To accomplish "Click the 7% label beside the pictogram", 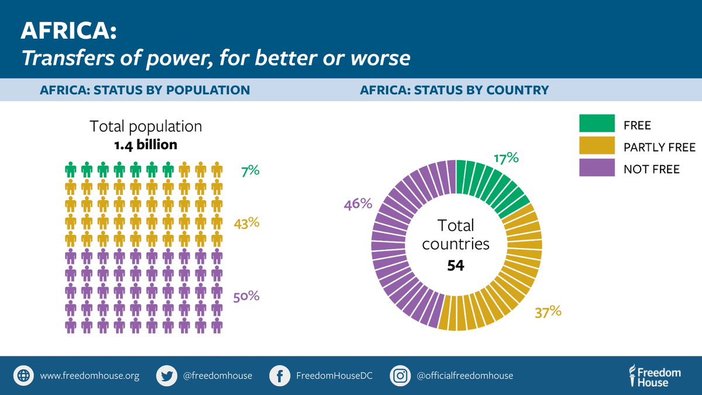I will click(250, 171).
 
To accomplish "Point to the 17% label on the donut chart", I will click(506, 158).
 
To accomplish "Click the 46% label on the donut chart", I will click(358, 204).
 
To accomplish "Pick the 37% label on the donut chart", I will click(548, 311).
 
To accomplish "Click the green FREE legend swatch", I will click(597, 123).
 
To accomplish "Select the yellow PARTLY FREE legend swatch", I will click(597, 146).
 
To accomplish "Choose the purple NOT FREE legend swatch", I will click(597, 168).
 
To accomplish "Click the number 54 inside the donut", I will click(455, 265).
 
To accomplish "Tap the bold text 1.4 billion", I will click(146, 144).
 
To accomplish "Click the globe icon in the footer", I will click(24, 376).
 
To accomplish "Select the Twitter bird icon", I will click(167, 376).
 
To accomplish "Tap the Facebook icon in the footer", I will click(281, 376).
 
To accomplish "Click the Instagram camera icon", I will click(401, 376).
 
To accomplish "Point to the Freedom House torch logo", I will click(632, 376).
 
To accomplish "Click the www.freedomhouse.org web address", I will click(90, 376).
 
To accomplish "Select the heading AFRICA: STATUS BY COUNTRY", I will click(454, 90).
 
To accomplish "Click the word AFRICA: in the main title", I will click(69, 32).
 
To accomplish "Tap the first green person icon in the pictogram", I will click(71, 170).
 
